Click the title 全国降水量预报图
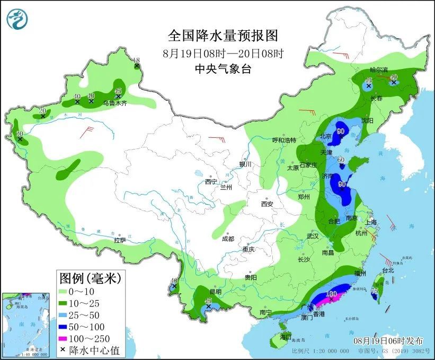coord(223,36)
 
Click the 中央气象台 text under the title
coord(223,68)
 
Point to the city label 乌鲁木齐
coord(115,104)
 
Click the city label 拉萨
coord(120,240)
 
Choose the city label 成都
coord(228,239)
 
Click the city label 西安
coord(266,204)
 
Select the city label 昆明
coord(215,292)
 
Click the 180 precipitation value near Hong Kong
coord(332,294)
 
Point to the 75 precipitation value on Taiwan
coord(375,291)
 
